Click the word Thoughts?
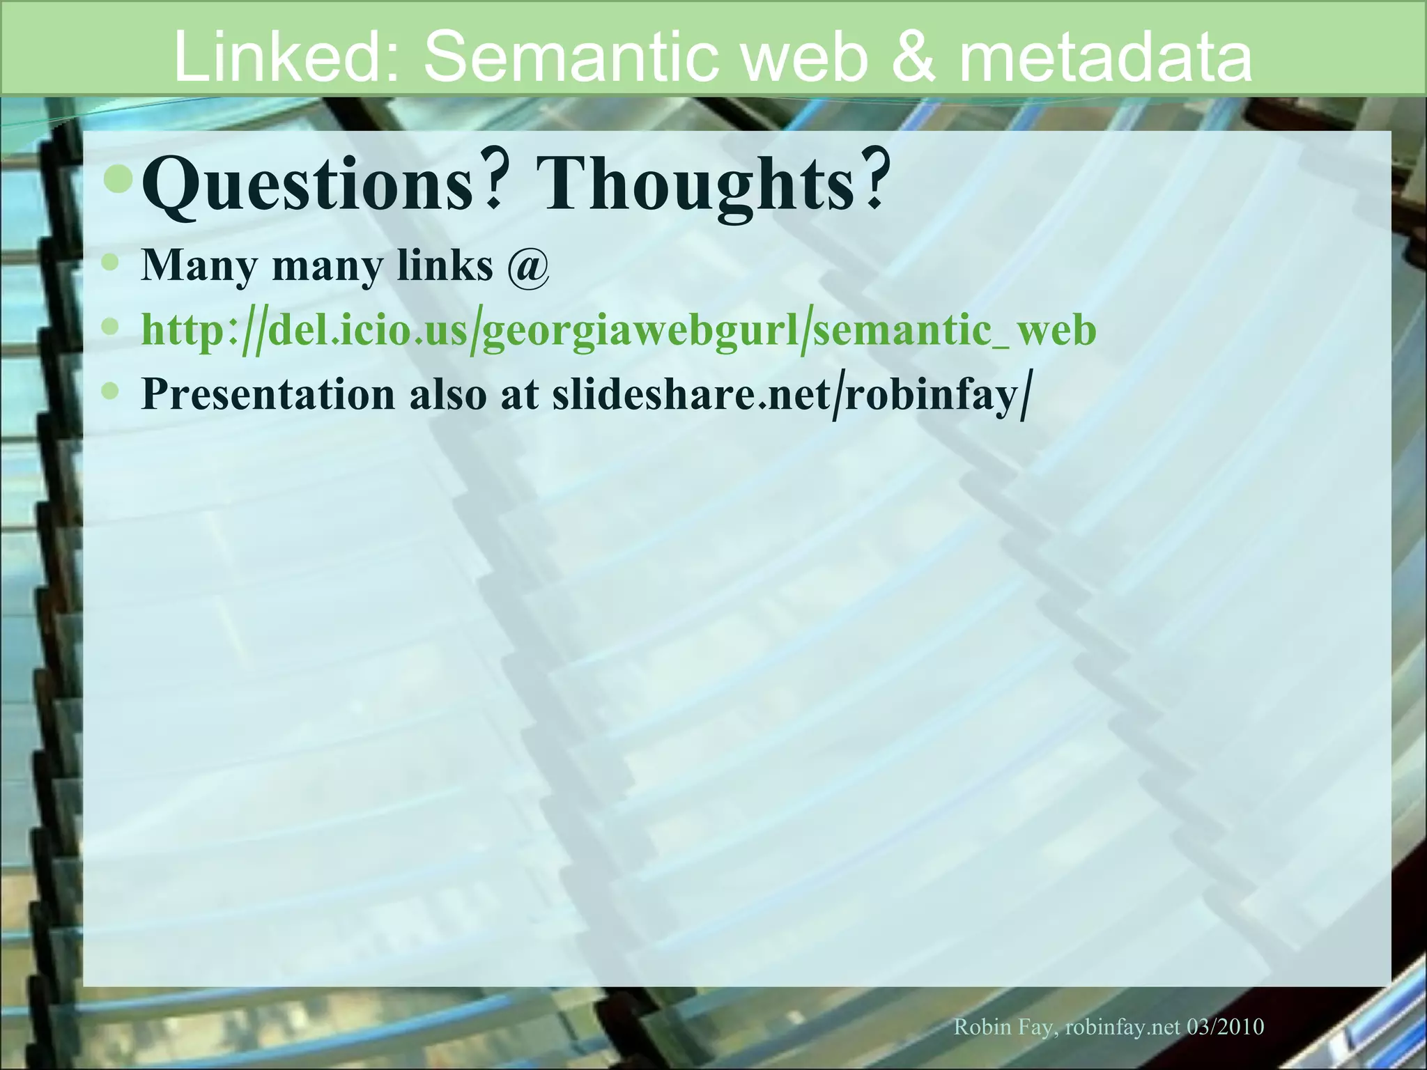(x=712, y=184)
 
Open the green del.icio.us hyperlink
(x=619, y=330)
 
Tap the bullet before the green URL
(x=110, y=325)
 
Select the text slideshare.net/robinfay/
(x=789, y=394)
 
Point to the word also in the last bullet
(x=447, y=394)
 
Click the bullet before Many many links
(x=110, y=262)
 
